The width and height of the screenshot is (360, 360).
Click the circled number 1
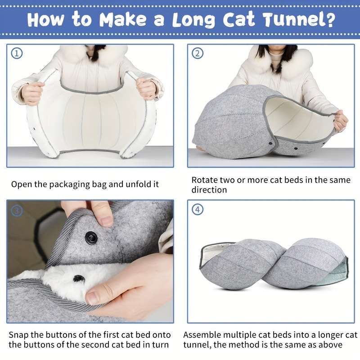[17, 54]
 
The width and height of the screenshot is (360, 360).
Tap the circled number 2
[198, 54]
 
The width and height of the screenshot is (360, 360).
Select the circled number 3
[17, 210]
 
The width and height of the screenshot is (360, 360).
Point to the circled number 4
[198, 210]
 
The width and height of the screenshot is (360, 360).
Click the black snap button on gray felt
[91, 237]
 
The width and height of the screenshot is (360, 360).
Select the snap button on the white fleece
[79, 279]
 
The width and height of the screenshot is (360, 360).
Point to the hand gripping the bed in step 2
[340, 121]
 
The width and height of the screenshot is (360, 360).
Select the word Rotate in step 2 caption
[205, 180]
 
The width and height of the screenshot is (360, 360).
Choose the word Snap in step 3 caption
[18, 335]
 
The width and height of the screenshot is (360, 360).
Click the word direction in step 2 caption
[209, 190]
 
